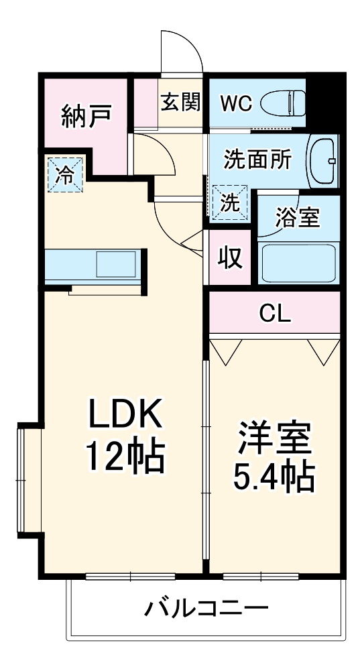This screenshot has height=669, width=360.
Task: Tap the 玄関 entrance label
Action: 180,102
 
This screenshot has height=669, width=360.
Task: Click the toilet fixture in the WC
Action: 283,103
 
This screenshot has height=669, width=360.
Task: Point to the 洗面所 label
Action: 258,160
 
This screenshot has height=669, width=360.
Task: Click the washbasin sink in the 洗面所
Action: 323,161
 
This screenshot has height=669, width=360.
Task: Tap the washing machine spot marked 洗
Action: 230,202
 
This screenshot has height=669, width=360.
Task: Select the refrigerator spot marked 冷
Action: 65,174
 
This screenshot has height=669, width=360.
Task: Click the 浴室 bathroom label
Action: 297,218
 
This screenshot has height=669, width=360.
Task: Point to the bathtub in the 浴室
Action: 298,263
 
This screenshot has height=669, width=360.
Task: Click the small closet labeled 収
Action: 230,257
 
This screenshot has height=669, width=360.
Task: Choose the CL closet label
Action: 275,314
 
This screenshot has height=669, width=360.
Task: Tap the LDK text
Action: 125,414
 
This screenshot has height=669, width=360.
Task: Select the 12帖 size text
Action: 125,457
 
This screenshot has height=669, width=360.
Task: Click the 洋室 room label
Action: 274,438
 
